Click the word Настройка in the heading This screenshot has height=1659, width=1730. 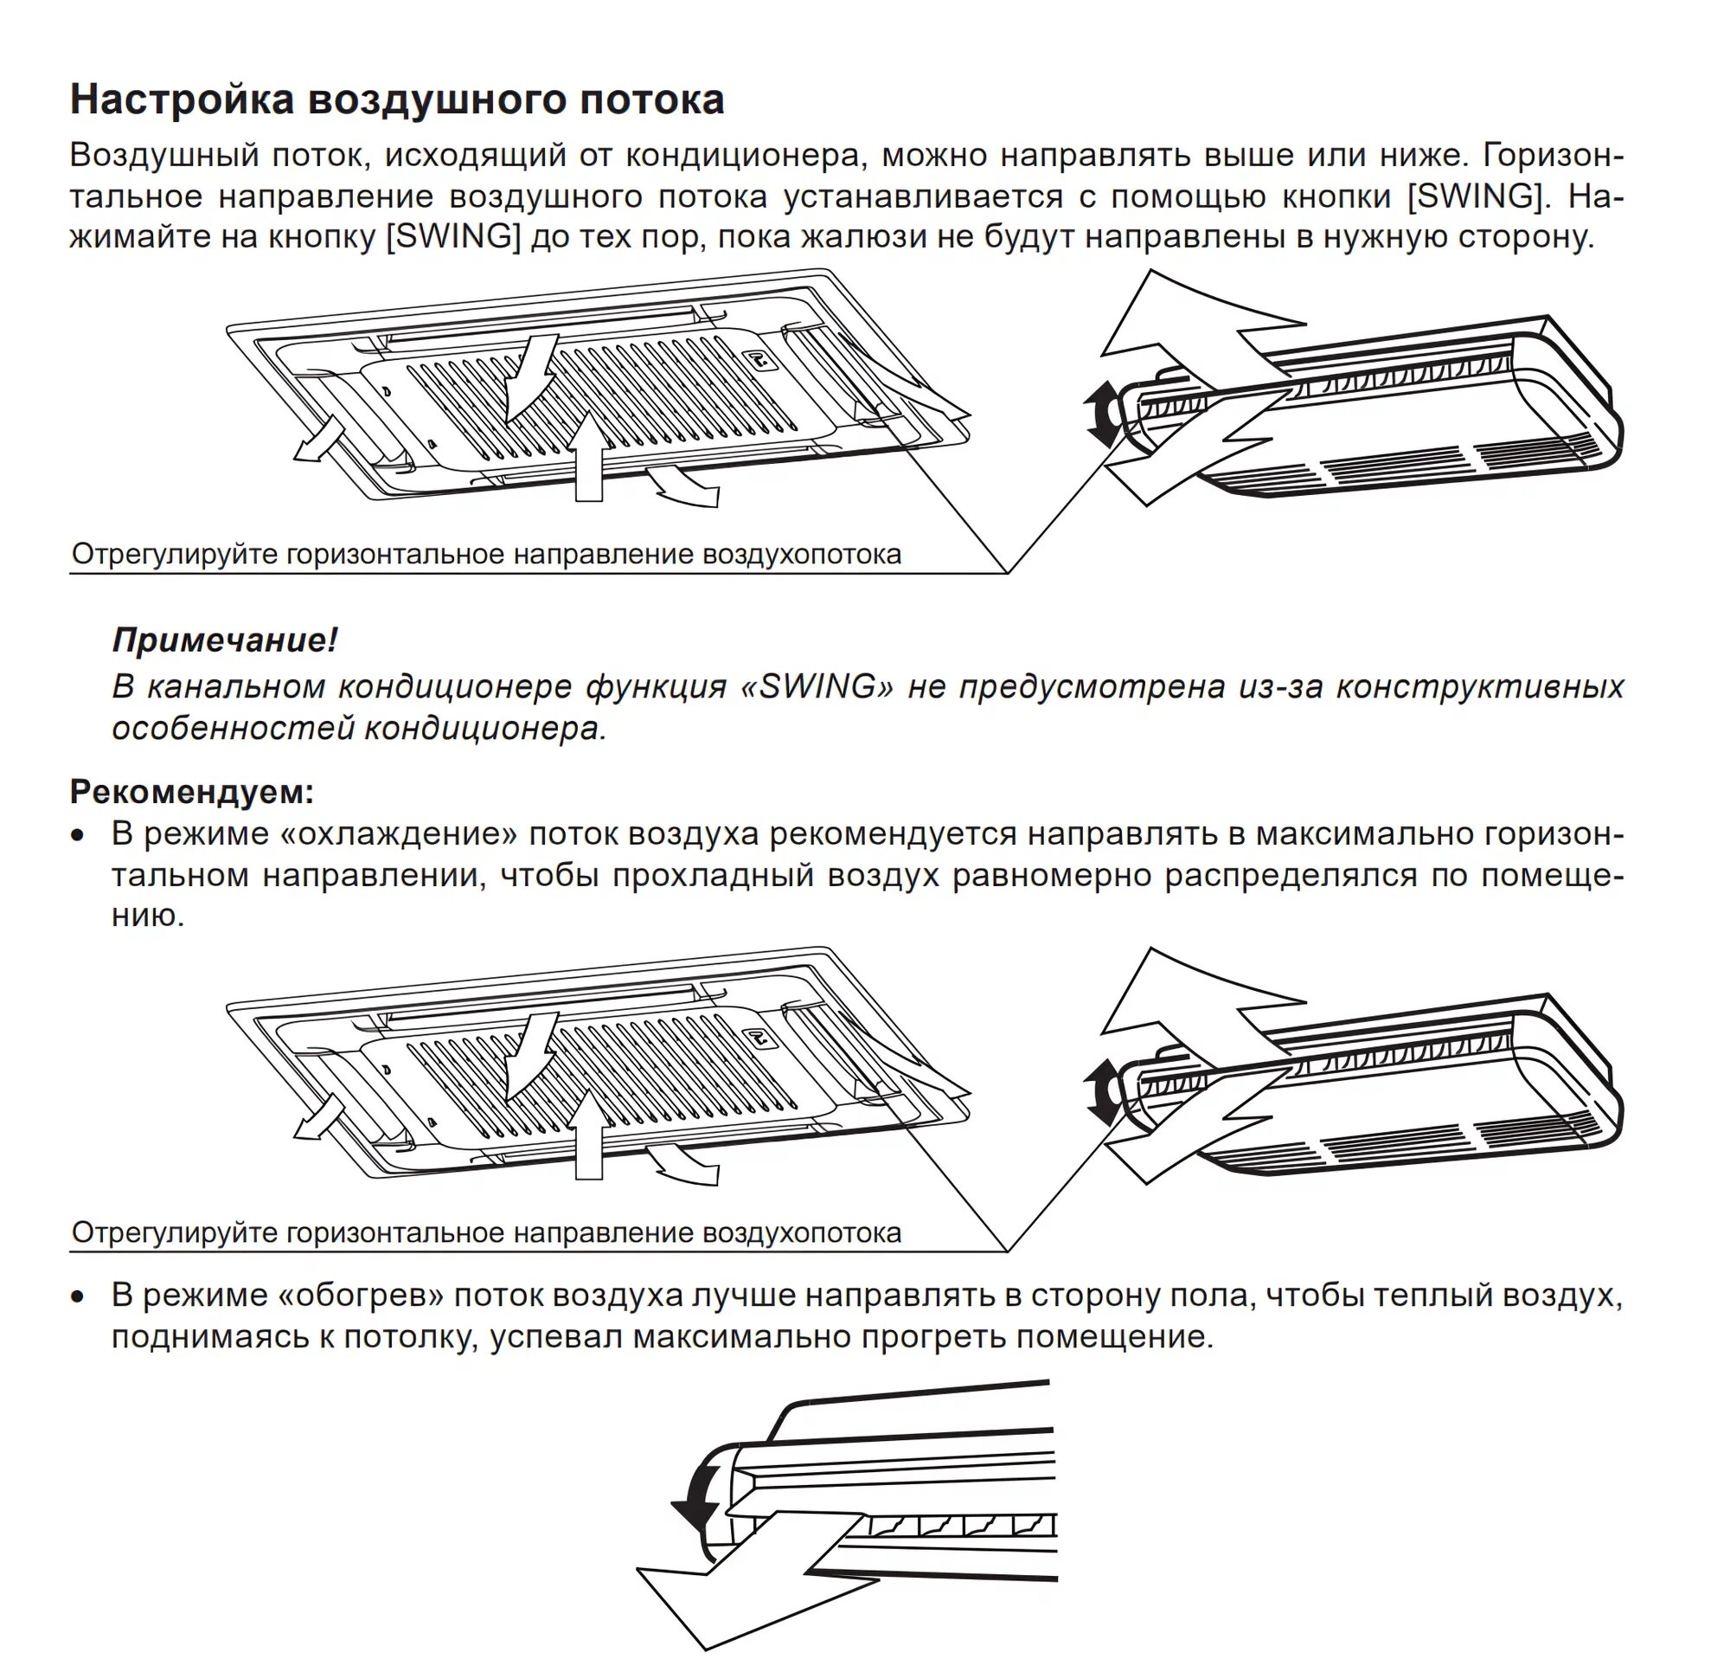pos(181,100)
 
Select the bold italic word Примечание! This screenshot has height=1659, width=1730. pos(224,640)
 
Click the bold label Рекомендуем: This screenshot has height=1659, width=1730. pos(191,792)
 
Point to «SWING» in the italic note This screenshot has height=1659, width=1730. pos(817,687)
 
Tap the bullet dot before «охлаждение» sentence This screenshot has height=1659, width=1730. pos(80,835)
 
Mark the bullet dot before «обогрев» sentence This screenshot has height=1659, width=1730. pos(80,1297)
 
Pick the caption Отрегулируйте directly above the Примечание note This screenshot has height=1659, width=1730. pos(176,555)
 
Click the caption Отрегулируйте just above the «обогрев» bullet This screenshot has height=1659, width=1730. pos(176,1232)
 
